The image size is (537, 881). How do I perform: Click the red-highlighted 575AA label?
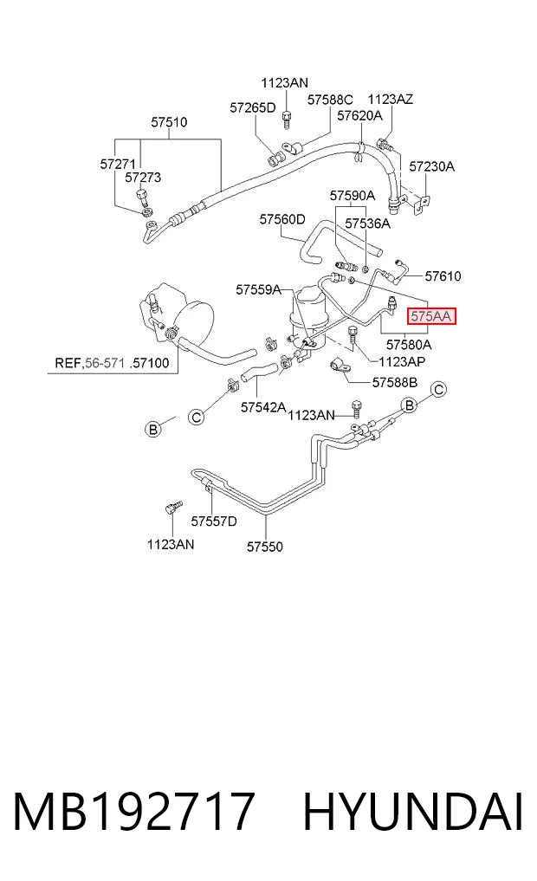pyautogui.click(x=430, y=316)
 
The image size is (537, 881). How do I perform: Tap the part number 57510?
pyautogui.click(x=169, y=122)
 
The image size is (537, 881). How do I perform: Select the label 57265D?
pyautogui.click(x=253, y=108)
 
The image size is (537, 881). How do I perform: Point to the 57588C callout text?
pyautogui.click(x=330, y=100)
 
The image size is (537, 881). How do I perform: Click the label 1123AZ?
pyautogui.click(x=391, y=100)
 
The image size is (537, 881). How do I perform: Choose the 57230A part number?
pyautogui.click(x=432, y=166)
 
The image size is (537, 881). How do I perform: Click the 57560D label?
pyautogui.click(x=282, y=219)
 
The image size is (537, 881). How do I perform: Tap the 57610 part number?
pyautogui.click(x=443, y=275)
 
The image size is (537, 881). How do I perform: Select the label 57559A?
pyautogui.click(x=259, y=290)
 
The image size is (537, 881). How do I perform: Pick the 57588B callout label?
pyautogui.click(x=395, y=383)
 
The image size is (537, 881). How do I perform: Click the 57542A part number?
pyautogui.click(x=263, y=407)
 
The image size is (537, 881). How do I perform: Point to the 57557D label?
pyautogui.click(x=214, y=521)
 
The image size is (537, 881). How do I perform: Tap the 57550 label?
pyautogui.click(x=265, y=546)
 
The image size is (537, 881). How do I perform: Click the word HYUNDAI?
pyautogui.click(x=414, y=812)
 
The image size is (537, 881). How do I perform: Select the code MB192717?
pyautogui.click(x=135, y=812)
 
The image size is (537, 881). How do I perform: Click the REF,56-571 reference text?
pyautogui.click(x=90, y=363)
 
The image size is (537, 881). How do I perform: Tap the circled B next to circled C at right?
pyautogui.click(x=410, y=405)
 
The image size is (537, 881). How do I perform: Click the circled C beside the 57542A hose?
pyautogui.click(x=196, y=418)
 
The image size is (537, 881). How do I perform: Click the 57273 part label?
pyautogui.click(x=143, y=178)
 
